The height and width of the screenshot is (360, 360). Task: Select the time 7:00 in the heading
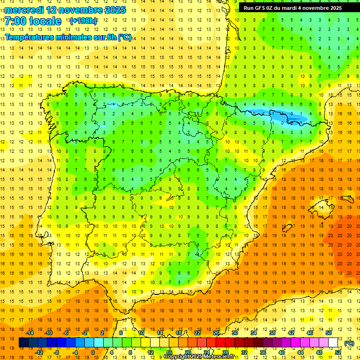click(x=15, y=21)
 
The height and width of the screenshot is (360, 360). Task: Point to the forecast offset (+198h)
click(x=83, y=21)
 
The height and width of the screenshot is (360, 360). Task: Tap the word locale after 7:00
click(x=45, y=21)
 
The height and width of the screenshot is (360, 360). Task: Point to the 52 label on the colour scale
click(x=338, y=352)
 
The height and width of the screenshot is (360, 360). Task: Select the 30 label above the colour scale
click(x=235, y=333)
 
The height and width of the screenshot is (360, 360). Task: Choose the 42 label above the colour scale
click(x=291, y=333)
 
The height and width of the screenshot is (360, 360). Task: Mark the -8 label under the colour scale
click(x=57, y=352)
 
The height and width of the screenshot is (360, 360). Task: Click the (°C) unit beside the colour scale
click(x=349, y=343)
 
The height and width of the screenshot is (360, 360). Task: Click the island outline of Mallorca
click(x=320, y=205)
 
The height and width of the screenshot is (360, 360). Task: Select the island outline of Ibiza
click(x=285, y=227)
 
